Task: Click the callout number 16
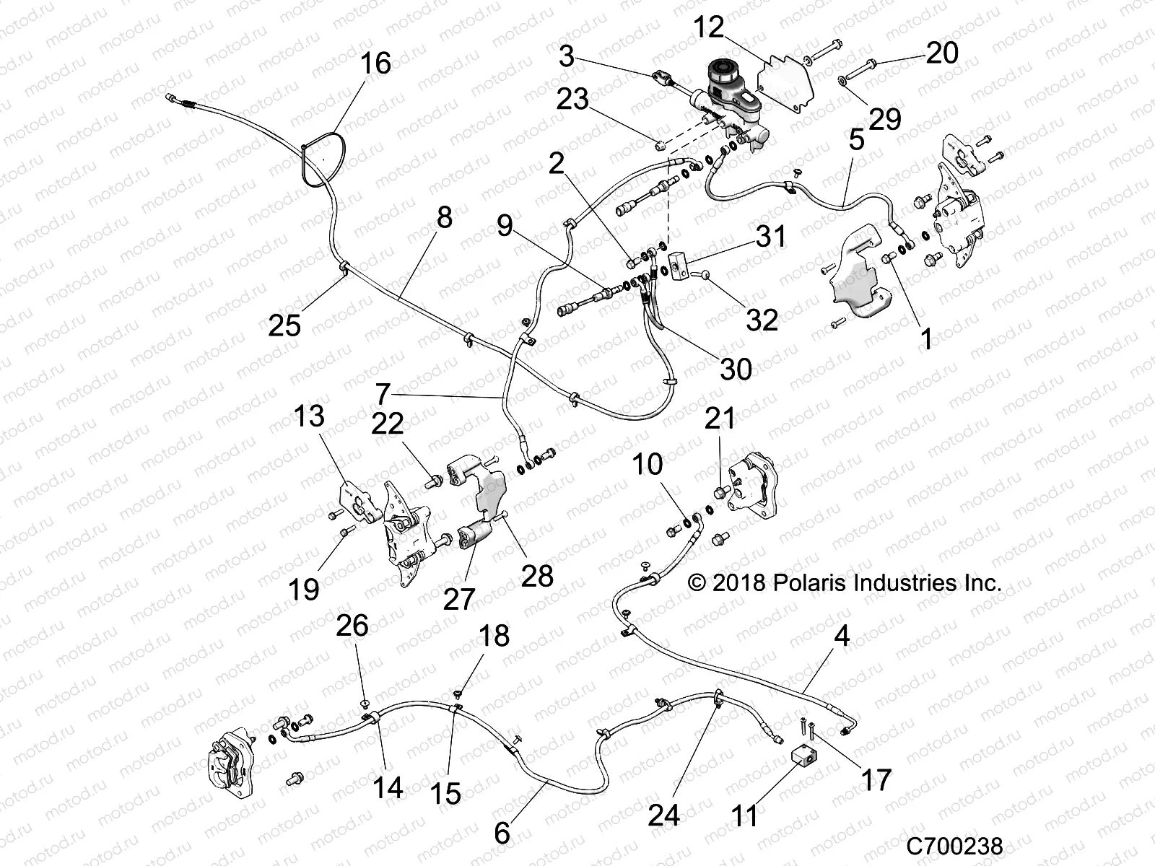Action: [375, 64]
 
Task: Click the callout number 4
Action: [841, 637]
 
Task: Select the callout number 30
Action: [736, 369]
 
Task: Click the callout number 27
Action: [459, 598]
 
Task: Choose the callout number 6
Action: [502, 834]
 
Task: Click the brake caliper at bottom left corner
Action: [230, 755]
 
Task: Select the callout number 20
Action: [942, 53]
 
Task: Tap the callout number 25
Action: [284, 325]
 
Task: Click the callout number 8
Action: [444, 216]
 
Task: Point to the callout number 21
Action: [720, 418]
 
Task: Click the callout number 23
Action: [572, 100]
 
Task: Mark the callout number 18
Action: [494, 636]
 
